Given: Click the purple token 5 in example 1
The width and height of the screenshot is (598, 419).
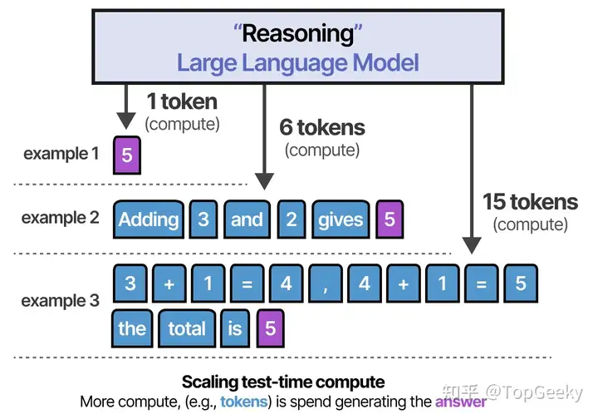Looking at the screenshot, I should click(126, 155).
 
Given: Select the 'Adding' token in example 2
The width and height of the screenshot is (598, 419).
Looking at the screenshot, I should click(148, 219).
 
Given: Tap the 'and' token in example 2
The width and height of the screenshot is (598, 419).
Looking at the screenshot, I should click(247, 219).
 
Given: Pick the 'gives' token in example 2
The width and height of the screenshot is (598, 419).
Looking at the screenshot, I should click(341, 219).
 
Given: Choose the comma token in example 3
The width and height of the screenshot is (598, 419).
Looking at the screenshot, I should click(325, 283).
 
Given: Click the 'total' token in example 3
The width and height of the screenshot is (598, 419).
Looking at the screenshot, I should click(186, 328).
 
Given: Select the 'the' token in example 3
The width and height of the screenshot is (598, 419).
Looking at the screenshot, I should click(131, 328).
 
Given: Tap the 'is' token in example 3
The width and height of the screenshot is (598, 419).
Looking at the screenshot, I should click(235, 328).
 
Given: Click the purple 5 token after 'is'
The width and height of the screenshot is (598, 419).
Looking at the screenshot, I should click(270, 328).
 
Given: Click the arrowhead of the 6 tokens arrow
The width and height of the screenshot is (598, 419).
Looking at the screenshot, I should click(265, 180).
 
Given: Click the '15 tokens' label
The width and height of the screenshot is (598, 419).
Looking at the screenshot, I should click(531, 201).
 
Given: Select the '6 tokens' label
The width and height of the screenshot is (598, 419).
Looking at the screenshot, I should click(322, 128).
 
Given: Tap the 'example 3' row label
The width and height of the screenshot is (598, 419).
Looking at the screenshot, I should click(61, 301).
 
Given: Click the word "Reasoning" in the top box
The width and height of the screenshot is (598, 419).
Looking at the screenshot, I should click(297, 36).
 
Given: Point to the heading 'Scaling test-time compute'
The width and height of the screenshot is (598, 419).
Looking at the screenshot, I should click(283, 382).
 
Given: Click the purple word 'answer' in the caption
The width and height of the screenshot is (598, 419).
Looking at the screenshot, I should click(462, 402).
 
